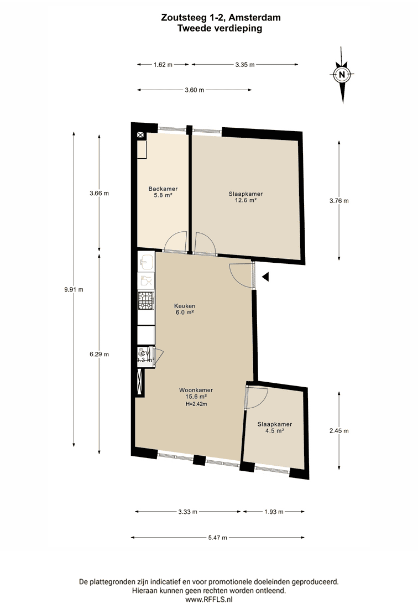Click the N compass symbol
(342, 75)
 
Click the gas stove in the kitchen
(146, 301)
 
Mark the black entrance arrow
(265, 277)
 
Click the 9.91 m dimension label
(74, 290)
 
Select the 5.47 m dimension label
(218, 538)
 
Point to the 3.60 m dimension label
(195, 90)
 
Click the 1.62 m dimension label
(163, 65)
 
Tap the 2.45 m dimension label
(339, 431)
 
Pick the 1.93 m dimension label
(274, 512)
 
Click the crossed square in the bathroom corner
(140, 136)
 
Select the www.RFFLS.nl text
(208, 599)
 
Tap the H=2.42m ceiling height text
(196, 404)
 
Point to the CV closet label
(145, 353)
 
